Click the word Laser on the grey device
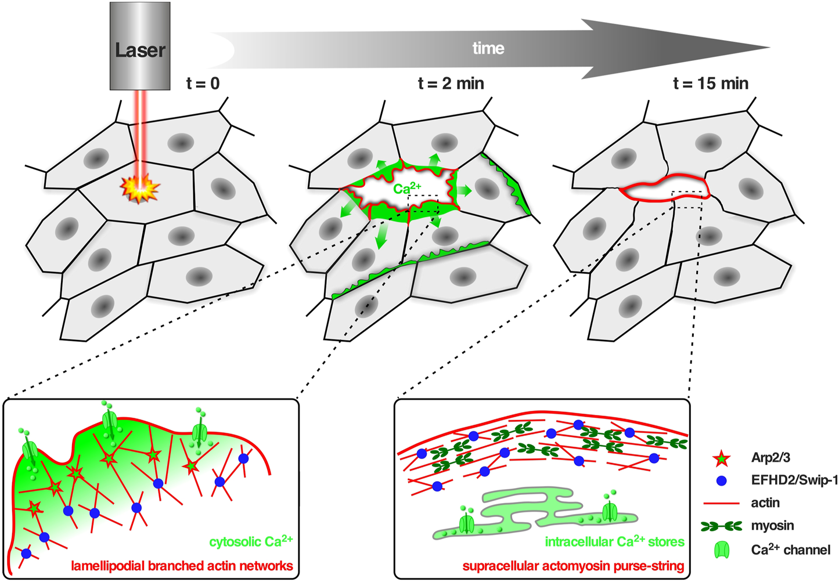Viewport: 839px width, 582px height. pyautogui.click(x=140, y=50)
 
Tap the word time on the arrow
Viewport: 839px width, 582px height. pyautogui.click(x=488, y=48)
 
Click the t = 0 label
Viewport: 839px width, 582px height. pyautogui.click(x=203, y=84)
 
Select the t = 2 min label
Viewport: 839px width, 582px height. pyautogui.click(x=451, y=84)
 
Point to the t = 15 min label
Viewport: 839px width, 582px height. pyautogui.click(x=711, y=84)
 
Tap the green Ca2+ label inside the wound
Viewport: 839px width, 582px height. pyautogui.click(x=407, y=188)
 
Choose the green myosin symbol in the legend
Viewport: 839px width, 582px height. pyautogui.click(x=721, y=526)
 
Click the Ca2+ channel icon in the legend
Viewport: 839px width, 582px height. pyautogui.click(x=721, y=550)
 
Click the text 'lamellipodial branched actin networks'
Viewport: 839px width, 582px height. pyautogui.click(x=182, y=566)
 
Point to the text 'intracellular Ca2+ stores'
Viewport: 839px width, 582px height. pyautogui.click(x=614, y=541)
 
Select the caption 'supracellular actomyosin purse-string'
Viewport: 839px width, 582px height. pyautogui.click(x=573, y=566)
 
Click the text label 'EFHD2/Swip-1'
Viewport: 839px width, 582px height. pyautogui.click(x=794, y=480)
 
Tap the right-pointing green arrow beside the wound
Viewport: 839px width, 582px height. pyautogui.click(x=463, y=190)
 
